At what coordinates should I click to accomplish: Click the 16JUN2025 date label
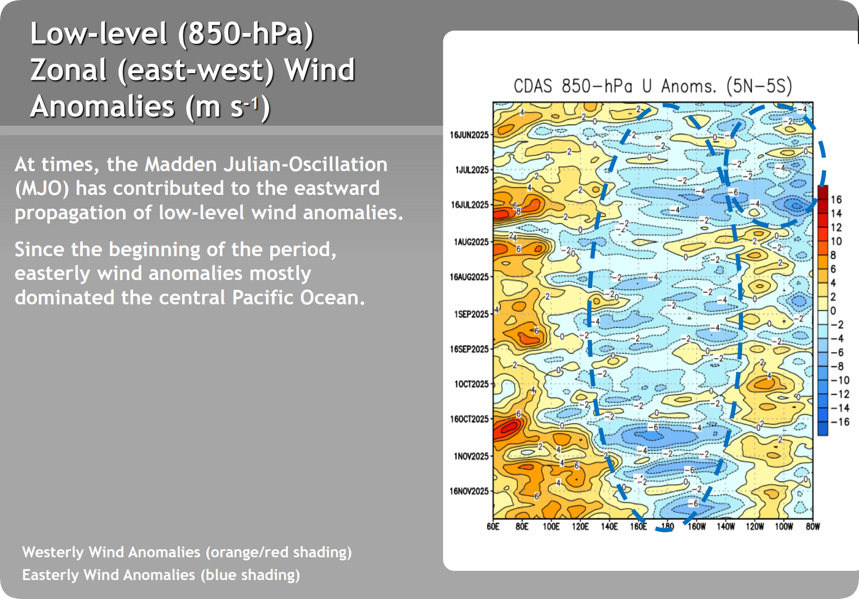469,135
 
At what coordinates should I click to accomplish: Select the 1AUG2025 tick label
471,242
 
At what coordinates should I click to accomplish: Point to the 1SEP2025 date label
471,314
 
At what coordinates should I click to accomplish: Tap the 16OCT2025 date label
469,419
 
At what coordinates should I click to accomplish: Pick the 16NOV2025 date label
469,491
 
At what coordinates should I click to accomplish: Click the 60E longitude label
493,526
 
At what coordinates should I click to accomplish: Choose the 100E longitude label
551,526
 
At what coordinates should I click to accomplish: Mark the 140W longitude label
726,526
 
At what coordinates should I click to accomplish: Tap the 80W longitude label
812,526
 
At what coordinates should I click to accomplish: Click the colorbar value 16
836,199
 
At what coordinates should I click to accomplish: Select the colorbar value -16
840,422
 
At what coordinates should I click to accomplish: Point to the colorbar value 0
834,311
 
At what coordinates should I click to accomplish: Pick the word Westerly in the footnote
53,552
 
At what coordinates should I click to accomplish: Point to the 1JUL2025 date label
472,170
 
